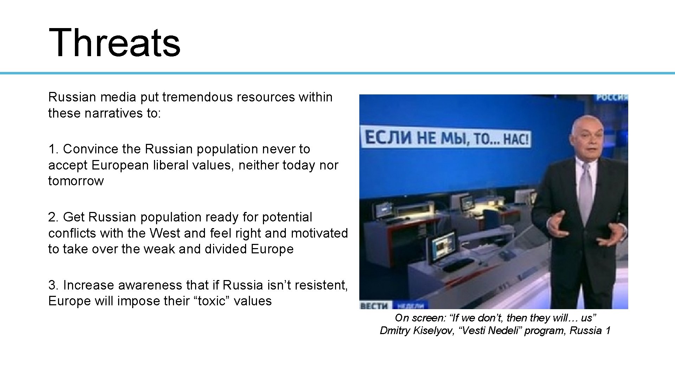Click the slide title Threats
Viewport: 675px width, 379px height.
(114, 42)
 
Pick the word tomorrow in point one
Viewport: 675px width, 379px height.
(76, 181)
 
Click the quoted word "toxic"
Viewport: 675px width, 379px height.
(212, 301)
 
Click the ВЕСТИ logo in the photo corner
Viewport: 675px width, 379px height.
(374, 306)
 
